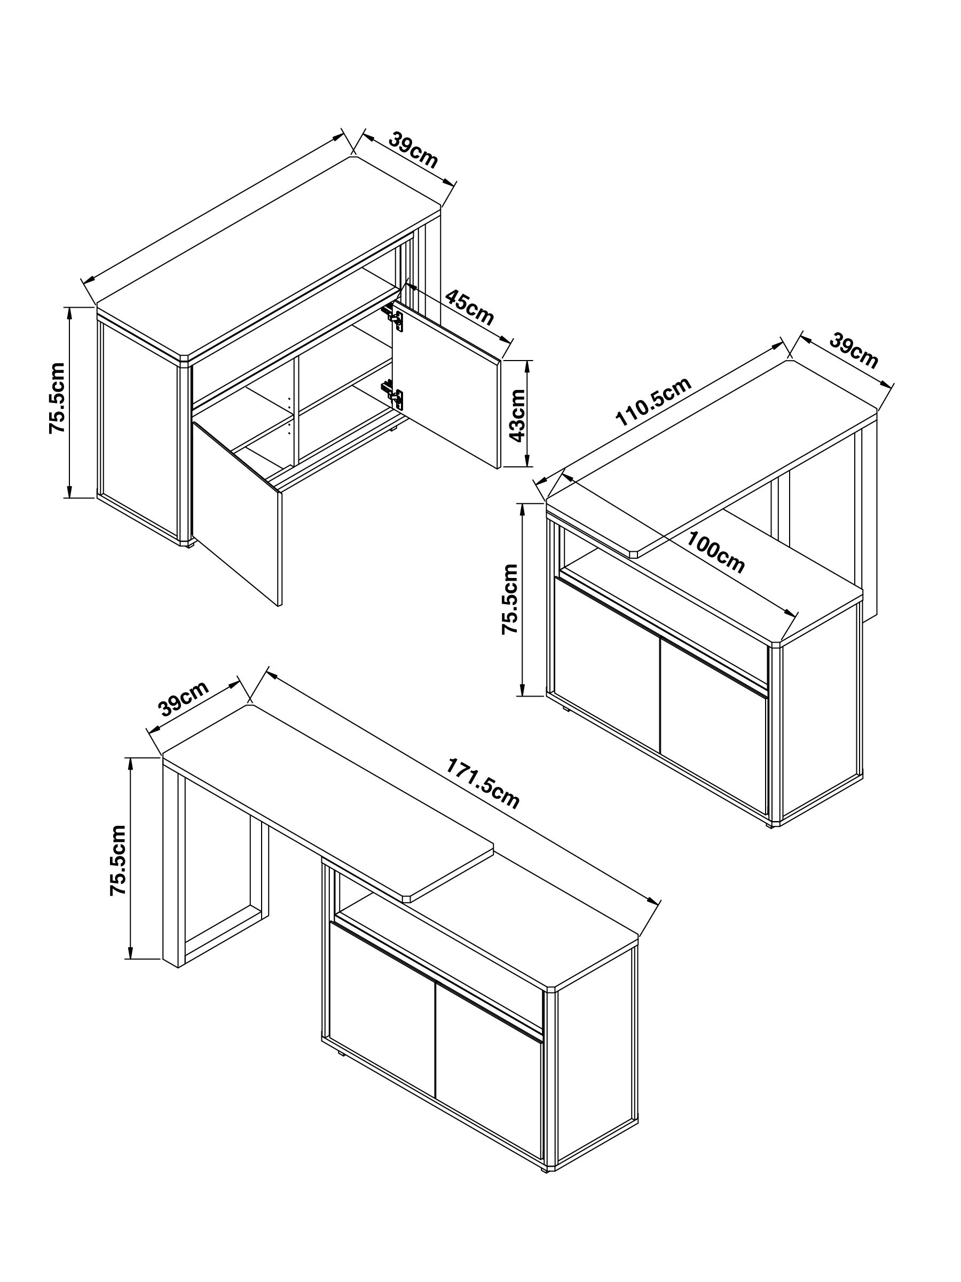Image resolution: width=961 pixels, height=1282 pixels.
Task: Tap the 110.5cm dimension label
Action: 653,402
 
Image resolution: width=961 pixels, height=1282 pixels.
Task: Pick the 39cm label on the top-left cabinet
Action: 413,150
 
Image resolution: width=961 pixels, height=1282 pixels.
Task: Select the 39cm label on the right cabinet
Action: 853,350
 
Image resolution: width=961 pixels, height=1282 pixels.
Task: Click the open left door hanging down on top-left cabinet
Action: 238,510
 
